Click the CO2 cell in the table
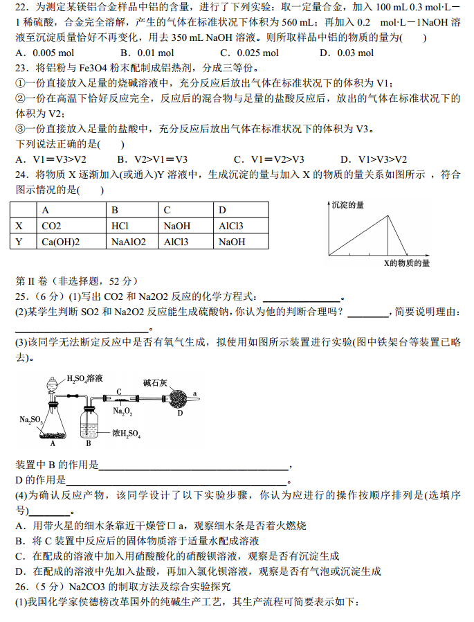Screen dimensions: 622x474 52,226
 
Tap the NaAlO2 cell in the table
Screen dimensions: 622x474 129,242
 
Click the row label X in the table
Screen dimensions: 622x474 19,226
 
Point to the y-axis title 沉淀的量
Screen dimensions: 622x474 348,205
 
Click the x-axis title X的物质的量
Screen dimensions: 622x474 407,263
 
